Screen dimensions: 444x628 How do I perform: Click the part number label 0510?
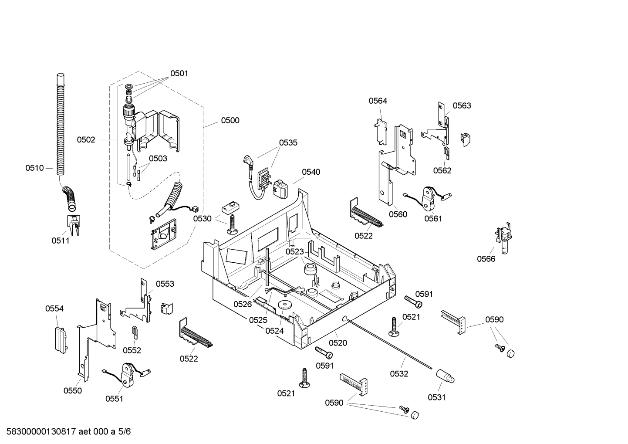[x=34, y=168]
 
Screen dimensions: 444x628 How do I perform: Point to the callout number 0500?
[x=230, y=120]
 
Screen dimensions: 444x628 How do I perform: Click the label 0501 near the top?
[x=179, y=73]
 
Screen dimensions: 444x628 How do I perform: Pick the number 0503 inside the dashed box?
[x=158, y=158]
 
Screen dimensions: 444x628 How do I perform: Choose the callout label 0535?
[x=288, y=142]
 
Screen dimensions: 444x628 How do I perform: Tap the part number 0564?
[x=378, y=101]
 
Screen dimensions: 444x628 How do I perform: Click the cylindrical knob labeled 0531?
[x=446, y=376]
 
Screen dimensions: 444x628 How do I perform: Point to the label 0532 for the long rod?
[x=399, y=373]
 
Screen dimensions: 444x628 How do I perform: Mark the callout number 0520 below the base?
[x=338, y=343]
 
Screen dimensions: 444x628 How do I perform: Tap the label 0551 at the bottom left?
[x=114, y=398]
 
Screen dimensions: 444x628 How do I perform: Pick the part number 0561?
[x=433, y=218]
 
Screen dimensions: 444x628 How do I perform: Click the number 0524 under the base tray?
[x=274, y=331]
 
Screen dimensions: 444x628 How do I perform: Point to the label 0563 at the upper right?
[x=462, y=105]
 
